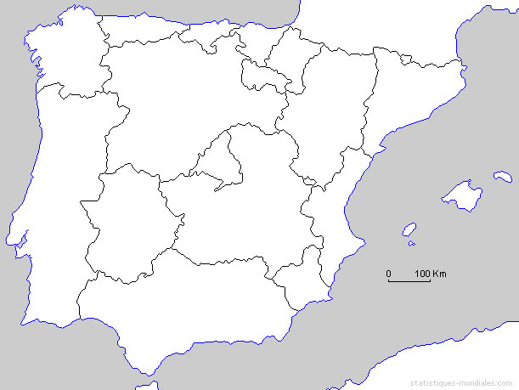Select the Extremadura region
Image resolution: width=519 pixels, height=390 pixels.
(127, 221)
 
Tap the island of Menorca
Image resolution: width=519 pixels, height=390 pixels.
(503, 177)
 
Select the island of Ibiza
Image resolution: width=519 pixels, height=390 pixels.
(409, 230)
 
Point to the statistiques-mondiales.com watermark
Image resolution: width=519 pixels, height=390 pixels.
(463, 382)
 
